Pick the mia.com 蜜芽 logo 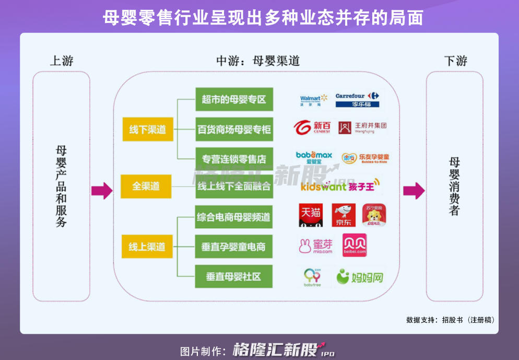pyautogui.click(x=315, y=245)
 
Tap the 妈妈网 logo pyautogui.click(x=360, y=276)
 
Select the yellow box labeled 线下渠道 pyautogui.click(x=147, y=130)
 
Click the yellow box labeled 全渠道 pyautogui.click(x=146, y=186)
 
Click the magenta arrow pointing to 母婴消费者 pyautogui.click(x=414, y=190)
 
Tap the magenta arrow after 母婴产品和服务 pyautogui.click(x=102, y=190)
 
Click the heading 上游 pyautogui.click(x=62, y=61)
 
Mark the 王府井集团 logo pyautogui.click(x=362, y=127)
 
